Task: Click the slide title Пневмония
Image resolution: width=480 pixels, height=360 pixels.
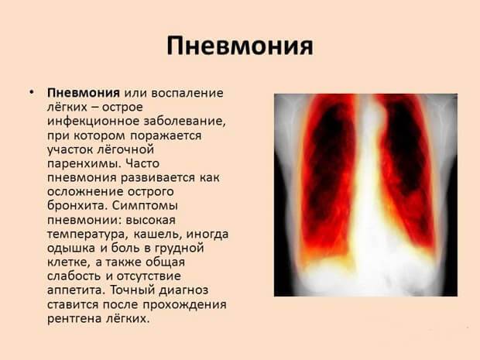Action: click(240, 45)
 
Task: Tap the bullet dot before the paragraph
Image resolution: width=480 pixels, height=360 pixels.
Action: click(31, 92)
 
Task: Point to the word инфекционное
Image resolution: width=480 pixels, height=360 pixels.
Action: click(89, 121)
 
